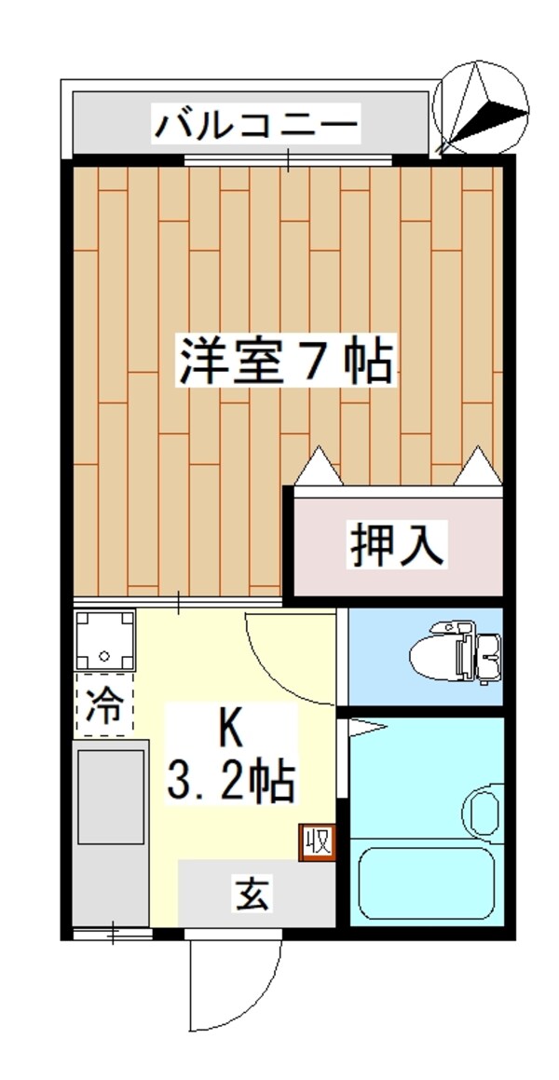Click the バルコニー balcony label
(x=256, y=124)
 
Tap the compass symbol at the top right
(x=482, y=107)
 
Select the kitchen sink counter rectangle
(x=111, y=798)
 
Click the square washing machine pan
(x=104, y=640)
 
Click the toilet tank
(x=486, y=654)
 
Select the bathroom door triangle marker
(x=363, y=727)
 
